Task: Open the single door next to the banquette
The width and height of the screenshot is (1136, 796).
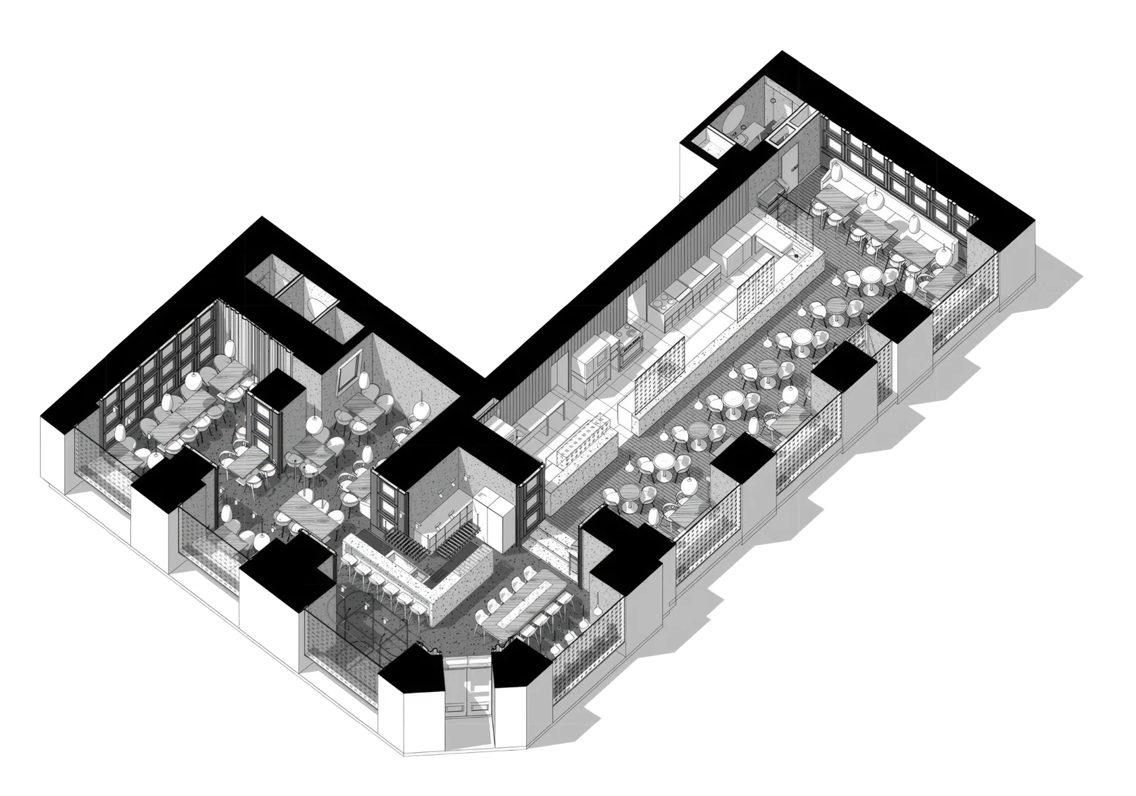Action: pos(788,166)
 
